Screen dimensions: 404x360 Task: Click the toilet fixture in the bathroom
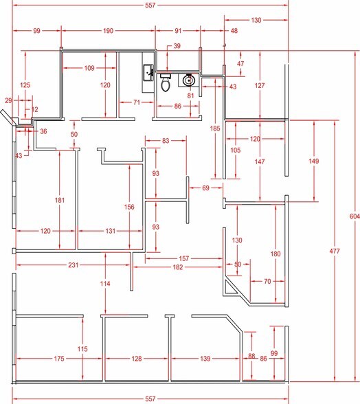(x=165, y=84)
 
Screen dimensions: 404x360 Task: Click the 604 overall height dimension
(x=351, y=216)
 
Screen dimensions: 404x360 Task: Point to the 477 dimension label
(x=335, y=251)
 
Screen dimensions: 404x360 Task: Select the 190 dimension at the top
(x=108, y=31)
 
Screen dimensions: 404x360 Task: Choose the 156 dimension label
(x=128, y=207)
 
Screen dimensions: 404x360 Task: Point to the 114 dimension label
(x=104, y=284)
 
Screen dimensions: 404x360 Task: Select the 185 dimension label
(x=215, y=128)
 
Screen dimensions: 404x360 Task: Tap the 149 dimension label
(x=314, y=161)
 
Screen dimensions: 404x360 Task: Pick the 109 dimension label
(x=89, y=68)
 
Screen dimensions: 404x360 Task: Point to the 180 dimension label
(x=276, y=254)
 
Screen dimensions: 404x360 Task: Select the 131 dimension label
(x=111, y=232)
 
